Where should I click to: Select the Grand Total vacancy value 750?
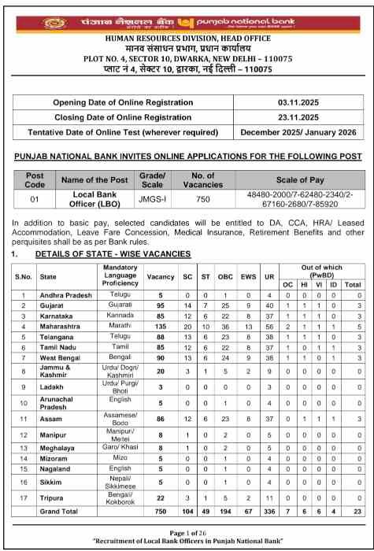point(161,511)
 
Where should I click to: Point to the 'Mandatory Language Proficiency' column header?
point(120,276)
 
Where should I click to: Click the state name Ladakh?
point(52,387)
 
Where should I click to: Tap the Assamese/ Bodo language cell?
point(120,419)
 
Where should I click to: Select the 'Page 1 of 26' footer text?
point(187,533)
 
